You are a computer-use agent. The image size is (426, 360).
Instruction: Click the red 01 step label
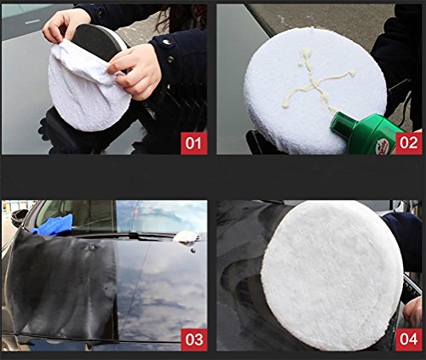tap(194, 143)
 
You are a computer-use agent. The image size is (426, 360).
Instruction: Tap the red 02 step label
tap(409, 143)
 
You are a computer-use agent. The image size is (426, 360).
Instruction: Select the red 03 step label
tap(194, 340)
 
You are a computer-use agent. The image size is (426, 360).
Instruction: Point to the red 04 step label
tap(409, 340)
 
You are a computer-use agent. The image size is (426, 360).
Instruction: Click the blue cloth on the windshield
tap(53, 225)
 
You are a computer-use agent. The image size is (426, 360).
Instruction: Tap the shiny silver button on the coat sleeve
tap(166, 42)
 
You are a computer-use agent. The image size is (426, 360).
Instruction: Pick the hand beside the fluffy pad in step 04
tap(412, 311)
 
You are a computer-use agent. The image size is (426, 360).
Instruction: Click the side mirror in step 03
tap(19, 217)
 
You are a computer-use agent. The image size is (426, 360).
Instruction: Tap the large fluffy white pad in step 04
tap(331, 274)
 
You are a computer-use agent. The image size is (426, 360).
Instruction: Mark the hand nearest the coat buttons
tap(134, 71)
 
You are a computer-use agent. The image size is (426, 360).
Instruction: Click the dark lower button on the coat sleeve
tap(170, 59)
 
